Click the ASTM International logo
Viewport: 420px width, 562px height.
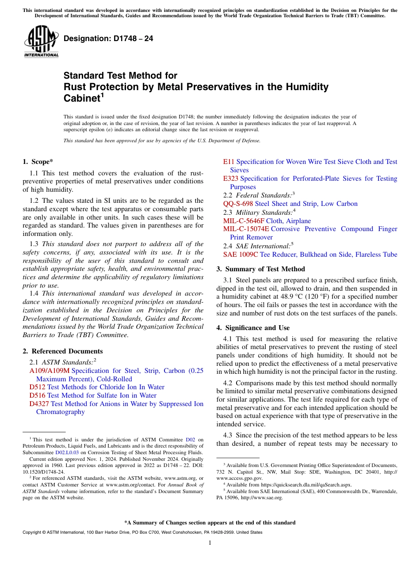click(41, 42)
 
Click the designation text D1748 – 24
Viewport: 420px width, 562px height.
click(108, 39)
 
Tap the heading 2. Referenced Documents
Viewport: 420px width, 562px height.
click(63, 351)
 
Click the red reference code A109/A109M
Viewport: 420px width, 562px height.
click(49, 371)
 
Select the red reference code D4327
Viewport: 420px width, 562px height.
click(39, 403)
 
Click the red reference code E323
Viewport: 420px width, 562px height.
click(230, 178)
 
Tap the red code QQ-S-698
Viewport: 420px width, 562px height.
click(238, 204)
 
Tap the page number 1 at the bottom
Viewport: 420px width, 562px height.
click(210, 543)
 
